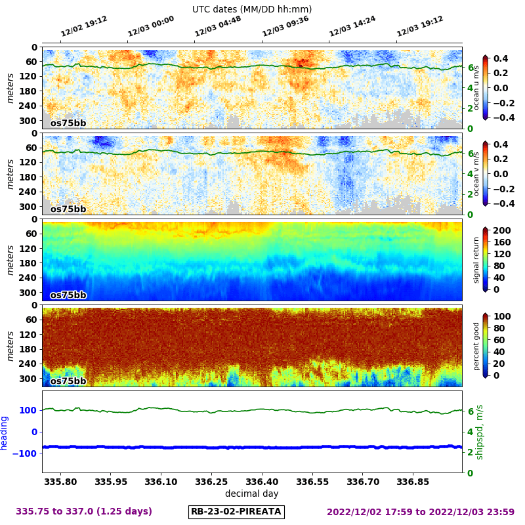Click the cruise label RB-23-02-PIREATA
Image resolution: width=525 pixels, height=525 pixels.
click(236, 511)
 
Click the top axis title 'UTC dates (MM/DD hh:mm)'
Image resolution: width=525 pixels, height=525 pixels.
click(252, 9)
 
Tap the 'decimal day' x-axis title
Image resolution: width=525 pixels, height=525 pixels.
click(251, 493)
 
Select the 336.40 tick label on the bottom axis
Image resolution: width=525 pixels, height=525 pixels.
click(262, 481)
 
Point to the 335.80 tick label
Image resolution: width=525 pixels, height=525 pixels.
click(61, 481)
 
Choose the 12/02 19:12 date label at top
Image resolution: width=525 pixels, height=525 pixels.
click(84, 27)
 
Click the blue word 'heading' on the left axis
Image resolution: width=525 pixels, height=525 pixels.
click(5, 432)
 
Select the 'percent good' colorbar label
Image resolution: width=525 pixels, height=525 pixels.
click(477, 346)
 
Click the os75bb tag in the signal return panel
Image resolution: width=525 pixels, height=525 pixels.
click(68, 295)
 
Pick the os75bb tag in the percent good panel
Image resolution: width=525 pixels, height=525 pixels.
click(68, 381)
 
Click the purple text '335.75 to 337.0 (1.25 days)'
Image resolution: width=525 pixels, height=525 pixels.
click(84, 511)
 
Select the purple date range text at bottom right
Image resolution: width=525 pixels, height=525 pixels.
click(421, 511)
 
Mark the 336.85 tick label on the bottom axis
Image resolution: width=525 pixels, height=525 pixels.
click(413, 481)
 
